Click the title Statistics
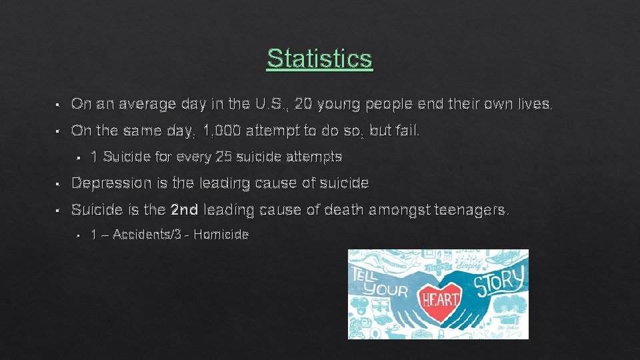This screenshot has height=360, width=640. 319,58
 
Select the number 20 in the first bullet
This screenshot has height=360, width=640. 303,104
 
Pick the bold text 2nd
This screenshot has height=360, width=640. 185,210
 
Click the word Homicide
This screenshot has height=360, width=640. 220,235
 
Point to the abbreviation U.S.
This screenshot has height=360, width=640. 273,104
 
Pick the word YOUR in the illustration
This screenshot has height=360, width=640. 387,289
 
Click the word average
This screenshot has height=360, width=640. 137,104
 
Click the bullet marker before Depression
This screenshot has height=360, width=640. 59,183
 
